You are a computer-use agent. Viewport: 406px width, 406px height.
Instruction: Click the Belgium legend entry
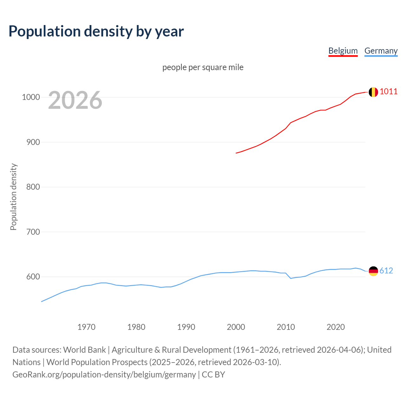343,51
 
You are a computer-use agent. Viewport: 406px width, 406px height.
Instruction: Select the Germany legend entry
381,51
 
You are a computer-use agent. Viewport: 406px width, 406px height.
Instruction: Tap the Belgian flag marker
373,92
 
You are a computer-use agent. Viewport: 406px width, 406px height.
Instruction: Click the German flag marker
373,271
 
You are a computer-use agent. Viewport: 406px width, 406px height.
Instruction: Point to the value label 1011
389,92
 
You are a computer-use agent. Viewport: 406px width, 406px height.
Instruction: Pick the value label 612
386,271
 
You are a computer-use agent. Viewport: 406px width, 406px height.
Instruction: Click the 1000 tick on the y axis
31,97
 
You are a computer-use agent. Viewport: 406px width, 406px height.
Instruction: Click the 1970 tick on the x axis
86,327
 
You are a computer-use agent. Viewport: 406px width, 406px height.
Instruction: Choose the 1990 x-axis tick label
186,327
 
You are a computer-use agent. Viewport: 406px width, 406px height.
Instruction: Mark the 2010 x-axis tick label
286,327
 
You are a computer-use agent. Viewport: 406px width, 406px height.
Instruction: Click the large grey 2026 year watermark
75,100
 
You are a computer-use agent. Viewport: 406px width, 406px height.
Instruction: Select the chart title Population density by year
96,31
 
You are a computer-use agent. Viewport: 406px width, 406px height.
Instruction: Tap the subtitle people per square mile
203,68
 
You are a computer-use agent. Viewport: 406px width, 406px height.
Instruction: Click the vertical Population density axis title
13,197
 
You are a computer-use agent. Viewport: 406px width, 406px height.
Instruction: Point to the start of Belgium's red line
236,153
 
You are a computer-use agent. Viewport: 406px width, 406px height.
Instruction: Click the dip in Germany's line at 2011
291,278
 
